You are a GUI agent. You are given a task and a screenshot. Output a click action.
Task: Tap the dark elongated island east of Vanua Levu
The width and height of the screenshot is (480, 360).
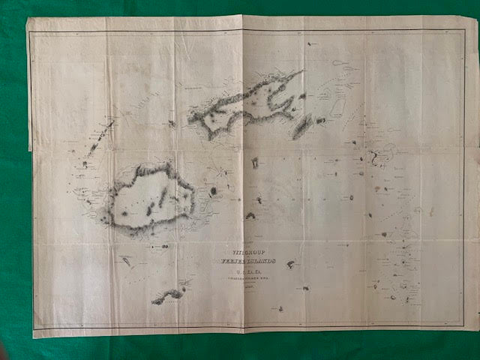click(303, 127)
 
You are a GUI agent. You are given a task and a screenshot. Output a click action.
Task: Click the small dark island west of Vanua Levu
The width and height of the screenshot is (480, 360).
click(172, 123)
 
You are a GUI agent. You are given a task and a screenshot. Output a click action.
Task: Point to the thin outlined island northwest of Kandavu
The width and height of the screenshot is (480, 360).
click(126, 260)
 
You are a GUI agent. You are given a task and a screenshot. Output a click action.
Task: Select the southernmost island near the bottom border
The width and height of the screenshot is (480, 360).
click(279, 307)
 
